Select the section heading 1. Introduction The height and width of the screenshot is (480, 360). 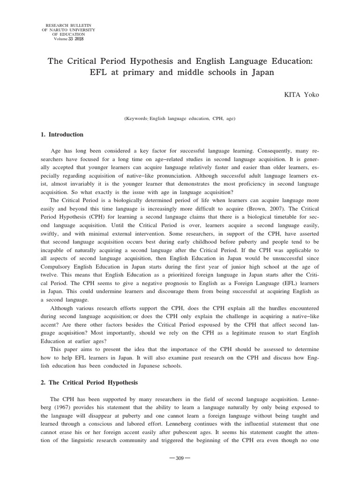point(62,135)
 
